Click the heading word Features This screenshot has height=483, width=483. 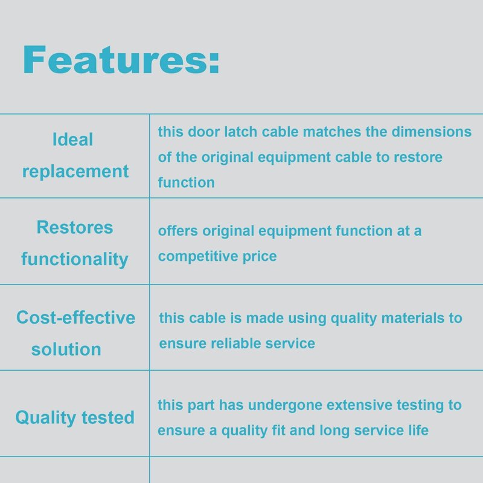tap(115, 60)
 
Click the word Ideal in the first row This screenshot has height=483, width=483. tap(72, 139)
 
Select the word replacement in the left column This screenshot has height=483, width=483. tap(75, 171)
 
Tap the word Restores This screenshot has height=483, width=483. tap(75, 228)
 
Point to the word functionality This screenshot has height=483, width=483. tap(75, 259)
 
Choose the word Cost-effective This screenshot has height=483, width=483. tap(76, 318)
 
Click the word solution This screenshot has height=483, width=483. tap(66, 350)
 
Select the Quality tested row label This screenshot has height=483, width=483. tap(75, 418)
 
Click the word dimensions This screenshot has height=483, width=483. tap(432, 132)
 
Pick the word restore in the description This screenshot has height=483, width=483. tap(418, 158)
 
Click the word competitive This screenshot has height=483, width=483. tap(198, 257)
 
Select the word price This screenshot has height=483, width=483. tap(260, 257)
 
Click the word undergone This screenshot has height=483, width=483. tap(285, 406)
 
